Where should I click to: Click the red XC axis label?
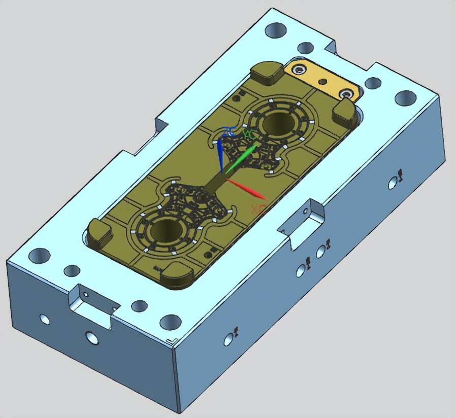tap(258, 208)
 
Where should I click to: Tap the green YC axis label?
tap(249, 134)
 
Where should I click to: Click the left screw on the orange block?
tap(302, 70)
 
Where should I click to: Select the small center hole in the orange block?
tap(322, 81)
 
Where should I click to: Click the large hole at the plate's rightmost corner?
tap(405, 97)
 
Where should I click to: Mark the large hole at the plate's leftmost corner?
tap(39, 255)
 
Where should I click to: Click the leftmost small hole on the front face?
tap(45, 319)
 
